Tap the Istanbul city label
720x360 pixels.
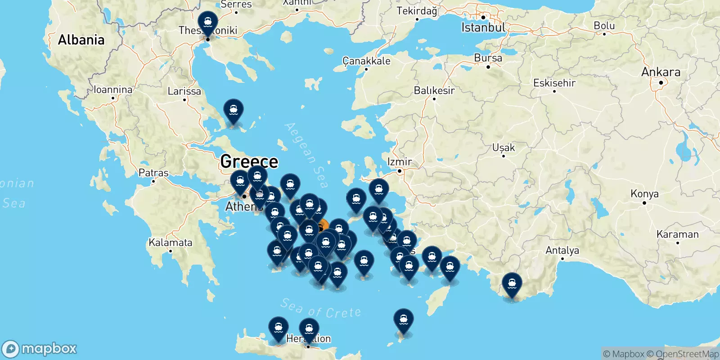[483, 27]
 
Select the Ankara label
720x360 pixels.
[661, 72]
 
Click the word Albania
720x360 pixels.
[81, 40]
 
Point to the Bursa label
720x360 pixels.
[488, 58]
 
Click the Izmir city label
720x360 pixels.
[400, 162]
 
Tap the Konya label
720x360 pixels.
[644, 194]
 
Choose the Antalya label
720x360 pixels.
[562, 250]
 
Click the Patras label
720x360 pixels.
[153, 173]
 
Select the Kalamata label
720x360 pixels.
[170, 243]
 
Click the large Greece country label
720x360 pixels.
[249, 161]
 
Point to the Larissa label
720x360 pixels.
[184, 91]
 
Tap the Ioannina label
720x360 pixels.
[113, 90]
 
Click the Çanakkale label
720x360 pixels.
[366, 61]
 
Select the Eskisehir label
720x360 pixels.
[554, 83]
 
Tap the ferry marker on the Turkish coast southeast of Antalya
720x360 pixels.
[512, 285]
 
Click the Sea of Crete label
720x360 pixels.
[320, 309]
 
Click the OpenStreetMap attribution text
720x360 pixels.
[687, 354]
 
